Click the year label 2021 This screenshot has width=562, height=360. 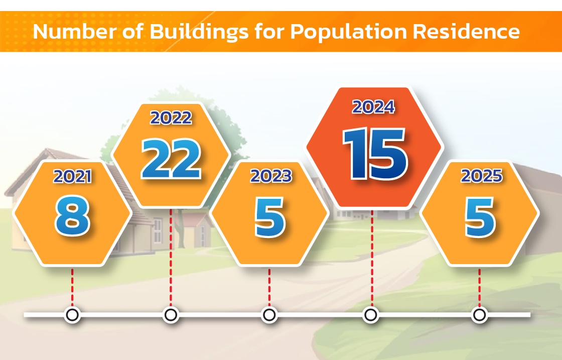(72, 176)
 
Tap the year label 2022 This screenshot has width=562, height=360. (171, 117)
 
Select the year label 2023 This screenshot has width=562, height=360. (271, 176)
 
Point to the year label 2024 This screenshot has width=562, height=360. (373, 107)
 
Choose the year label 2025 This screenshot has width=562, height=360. (481, 176)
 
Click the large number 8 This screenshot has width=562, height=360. (72, 216)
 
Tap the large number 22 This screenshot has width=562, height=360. (171, 159)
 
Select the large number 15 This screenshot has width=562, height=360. (375, 154)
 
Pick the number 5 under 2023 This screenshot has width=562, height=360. (269, 217)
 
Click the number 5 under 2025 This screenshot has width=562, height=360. (480, 217)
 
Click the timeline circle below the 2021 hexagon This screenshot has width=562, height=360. (72, 315)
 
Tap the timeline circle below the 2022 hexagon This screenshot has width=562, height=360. (171, 315)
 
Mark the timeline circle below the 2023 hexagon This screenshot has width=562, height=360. (269, 315)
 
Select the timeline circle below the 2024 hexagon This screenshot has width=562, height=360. (371, 315)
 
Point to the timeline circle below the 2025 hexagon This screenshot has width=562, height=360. (480, 315)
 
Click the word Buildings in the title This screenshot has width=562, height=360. (199, 32)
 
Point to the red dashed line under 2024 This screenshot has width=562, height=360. (372, 258)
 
